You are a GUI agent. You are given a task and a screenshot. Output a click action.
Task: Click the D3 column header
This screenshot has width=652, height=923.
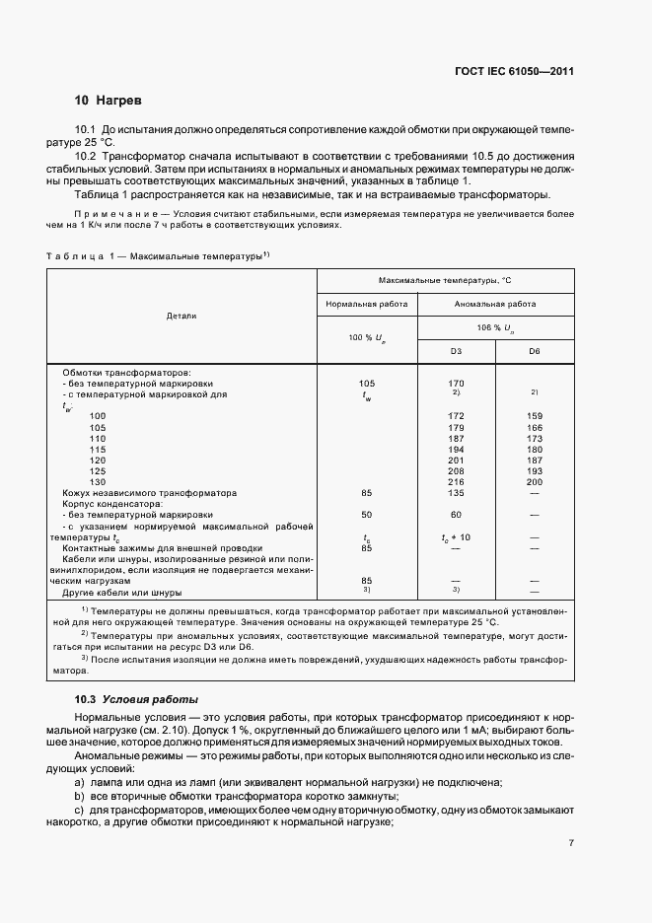click(x=456, y=350)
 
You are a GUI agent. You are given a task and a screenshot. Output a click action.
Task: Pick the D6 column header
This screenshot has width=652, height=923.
click(x=535, y=350)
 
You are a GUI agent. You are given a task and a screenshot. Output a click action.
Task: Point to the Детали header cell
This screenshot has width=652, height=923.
click(x=181, y=316)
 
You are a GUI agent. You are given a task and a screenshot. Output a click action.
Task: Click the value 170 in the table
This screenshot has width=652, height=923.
click(x=456, y=383)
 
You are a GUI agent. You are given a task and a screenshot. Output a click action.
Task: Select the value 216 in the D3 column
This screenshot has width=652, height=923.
click(x=456, y=481)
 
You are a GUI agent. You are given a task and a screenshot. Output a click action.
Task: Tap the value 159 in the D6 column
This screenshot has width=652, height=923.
click(x=535, y=415)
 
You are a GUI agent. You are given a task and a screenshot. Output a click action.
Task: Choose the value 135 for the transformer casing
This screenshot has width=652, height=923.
click(x=456, y=492)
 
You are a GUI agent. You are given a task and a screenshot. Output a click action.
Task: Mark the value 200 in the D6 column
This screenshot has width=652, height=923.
click(x=535, y=481)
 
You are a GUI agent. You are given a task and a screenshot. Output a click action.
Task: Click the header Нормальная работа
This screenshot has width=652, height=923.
click(x=367, y=305)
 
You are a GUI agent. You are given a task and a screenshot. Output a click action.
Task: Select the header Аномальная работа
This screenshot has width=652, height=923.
click(x=495, y=305)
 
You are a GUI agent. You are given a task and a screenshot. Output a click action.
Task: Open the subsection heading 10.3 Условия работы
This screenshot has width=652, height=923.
click(x=136, y=698)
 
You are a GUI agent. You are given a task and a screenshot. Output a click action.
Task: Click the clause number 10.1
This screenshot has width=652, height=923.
click(x=86, y=130)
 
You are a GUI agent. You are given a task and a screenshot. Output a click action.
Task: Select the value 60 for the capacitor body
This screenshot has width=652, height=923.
click(x=456, y=515)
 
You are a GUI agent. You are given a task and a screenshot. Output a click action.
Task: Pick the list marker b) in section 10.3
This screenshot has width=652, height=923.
click(x=79, y=795)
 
